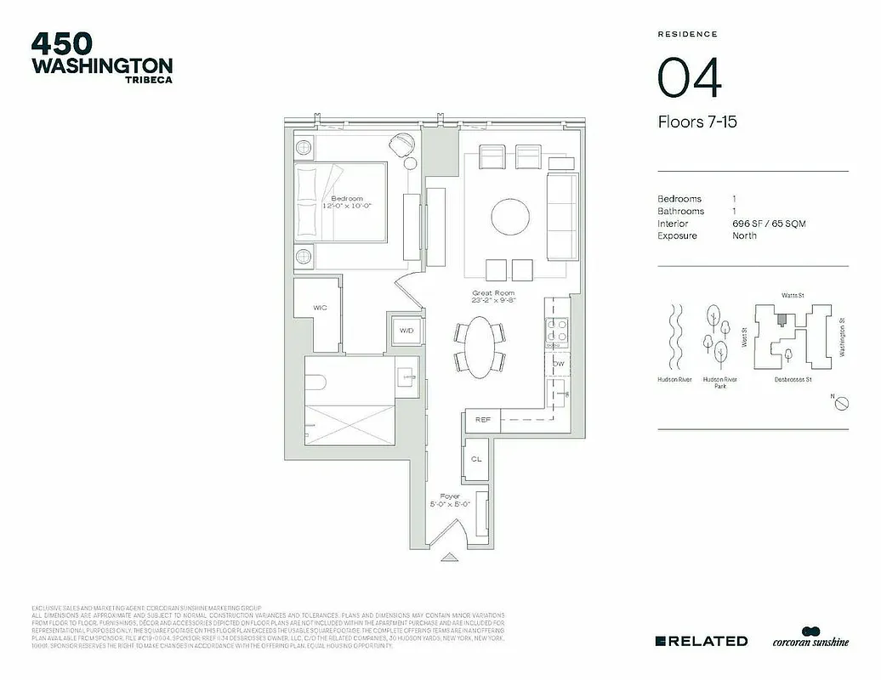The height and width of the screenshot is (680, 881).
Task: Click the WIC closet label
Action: tap(320, 308)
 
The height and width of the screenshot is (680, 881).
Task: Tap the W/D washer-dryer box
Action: tap(406, 330)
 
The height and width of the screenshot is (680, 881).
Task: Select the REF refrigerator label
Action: tap(483, 419)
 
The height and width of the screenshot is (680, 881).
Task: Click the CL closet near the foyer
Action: tap(476, 459)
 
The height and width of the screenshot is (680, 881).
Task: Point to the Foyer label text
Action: tap(449, 496)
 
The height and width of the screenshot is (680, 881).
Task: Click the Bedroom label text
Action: tap(346, 199)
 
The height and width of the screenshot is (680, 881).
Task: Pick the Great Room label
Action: tap(493, 293)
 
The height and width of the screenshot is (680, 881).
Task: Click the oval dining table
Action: tap(480, 347)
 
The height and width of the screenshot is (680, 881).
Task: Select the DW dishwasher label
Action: tap(559, 364)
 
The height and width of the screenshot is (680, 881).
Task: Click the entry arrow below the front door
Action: tap(450, 558)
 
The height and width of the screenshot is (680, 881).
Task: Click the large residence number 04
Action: tap(690, 78)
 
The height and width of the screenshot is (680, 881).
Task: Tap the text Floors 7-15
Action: tap(696, 122)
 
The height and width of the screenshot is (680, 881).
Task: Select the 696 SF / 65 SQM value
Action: tap(769, 224)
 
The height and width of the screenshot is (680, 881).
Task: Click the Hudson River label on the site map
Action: tap(674, 379)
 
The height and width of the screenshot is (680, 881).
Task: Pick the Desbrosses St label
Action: tap(793, 379)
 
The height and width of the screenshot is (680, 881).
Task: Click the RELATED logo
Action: tap(702, 641)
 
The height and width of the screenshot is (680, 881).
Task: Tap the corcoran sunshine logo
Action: tap(810, 639)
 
